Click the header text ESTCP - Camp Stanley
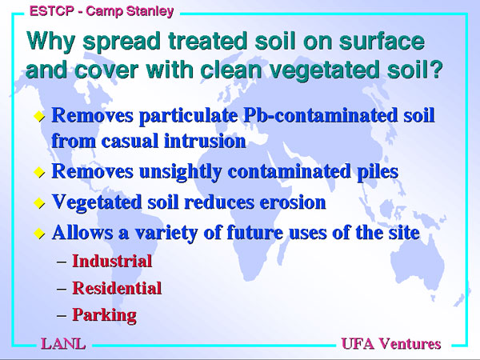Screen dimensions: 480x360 tap(102, 11)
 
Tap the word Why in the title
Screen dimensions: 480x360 tap(50, 41)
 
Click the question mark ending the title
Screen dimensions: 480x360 tap(437, 70)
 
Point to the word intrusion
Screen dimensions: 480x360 tap(205, 141)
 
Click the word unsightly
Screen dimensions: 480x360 tap(180, 171)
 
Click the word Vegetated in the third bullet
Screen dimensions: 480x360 tap(97, 202)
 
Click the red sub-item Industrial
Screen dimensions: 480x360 tap(112, 261)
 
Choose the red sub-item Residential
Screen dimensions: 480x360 tap(117, 288)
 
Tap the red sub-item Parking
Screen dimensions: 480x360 tap(104, 315)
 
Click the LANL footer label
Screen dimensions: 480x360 tap(63, 343)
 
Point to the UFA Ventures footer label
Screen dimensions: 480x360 tap(391, 343)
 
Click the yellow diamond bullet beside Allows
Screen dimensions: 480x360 tap(39, 234)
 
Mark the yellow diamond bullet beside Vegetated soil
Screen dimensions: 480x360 tap(39, 203)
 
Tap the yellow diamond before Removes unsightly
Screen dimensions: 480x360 tap(39, 172)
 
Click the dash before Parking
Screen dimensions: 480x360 tap(62, 315)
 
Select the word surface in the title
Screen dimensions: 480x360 tap(382, 41)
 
